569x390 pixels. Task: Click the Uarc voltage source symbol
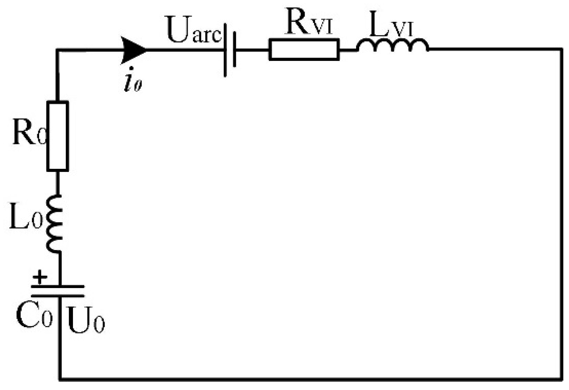(230, 50)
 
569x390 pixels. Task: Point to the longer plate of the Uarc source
(225, 50)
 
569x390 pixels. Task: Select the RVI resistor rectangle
(304, 49)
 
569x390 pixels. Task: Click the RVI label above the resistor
(309, 23)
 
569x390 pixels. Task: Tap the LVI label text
(391, 26)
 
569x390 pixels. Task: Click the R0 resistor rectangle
(58, 136)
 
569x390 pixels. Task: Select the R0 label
(29, 133)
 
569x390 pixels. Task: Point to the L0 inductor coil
(54, 223)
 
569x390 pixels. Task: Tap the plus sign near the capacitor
(40, 278)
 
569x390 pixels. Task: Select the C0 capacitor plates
(58, 291)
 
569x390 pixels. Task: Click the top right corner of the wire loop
(562, 49)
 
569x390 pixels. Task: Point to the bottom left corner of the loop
(59, 379)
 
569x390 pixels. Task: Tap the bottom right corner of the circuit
(562, 379)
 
